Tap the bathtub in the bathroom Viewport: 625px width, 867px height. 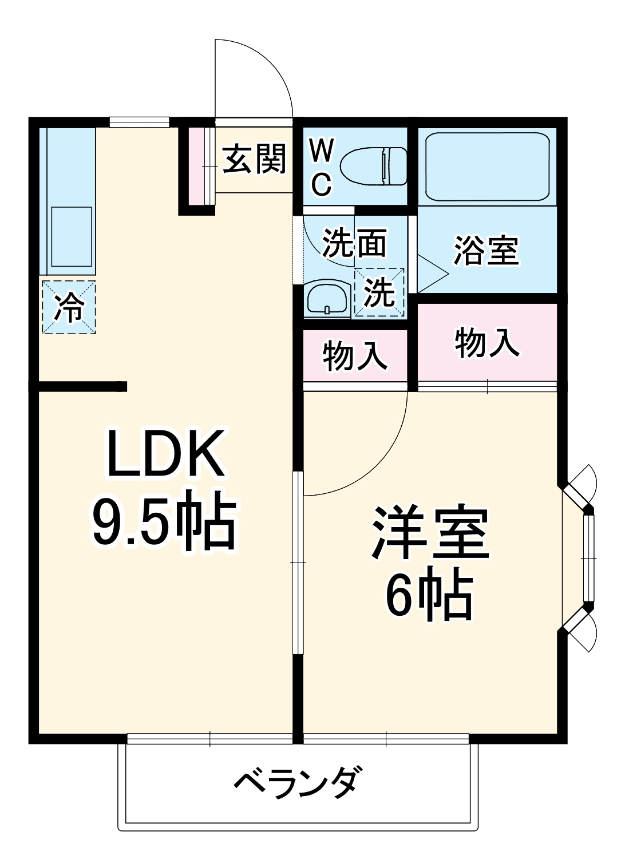(487, 167)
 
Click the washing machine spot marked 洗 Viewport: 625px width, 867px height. (379, 292)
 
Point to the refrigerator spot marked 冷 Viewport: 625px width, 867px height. (69, 307)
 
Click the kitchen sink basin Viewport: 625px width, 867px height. (72, 236)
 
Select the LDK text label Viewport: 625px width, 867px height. (165, 455)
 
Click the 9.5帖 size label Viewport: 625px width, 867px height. (164, 522)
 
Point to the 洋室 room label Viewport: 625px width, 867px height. (430, 533)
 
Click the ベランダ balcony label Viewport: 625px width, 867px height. (298, 783)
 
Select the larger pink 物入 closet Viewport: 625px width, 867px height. (487, 342)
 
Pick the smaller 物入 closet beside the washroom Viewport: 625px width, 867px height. (355, 356)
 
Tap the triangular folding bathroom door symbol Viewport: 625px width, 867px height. (430, 274)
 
